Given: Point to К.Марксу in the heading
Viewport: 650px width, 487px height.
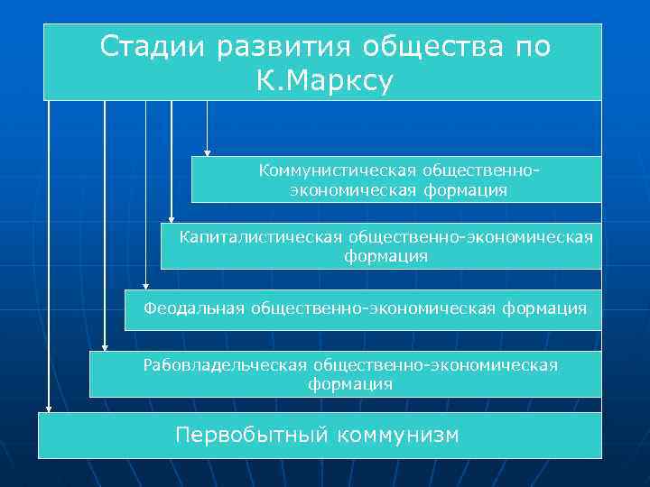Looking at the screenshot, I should [325, 81].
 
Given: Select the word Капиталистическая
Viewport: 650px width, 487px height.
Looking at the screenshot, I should [260, 237].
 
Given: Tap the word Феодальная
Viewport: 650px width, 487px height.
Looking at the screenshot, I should [194, 308].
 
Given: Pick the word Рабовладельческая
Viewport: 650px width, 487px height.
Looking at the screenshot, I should [226, 365].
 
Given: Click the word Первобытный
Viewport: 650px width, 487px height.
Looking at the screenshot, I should [252, 436].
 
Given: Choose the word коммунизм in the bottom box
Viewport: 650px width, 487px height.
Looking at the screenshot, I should [397, 436].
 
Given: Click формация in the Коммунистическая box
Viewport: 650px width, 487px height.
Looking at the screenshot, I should [468, 190].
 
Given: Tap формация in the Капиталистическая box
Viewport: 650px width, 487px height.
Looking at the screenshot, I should [385, 257].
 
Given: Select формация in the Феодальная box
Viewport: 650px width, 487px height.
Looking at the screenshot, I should [545, 308].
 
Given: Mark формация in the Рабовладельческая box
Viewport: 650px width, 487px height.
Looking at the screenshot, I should [350, 385].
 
